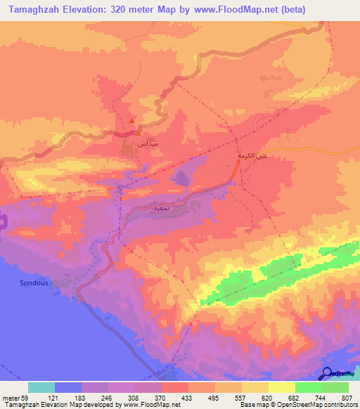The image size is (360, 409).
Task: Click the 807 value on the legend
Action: coord(348,397)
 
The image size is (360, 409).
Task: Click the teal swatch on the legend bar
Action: coord(41,387)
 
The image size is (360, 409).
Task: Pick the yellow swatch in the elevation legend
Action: coord(281,387)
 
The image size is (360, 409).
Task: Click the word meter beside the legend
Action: coord(11,397)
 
